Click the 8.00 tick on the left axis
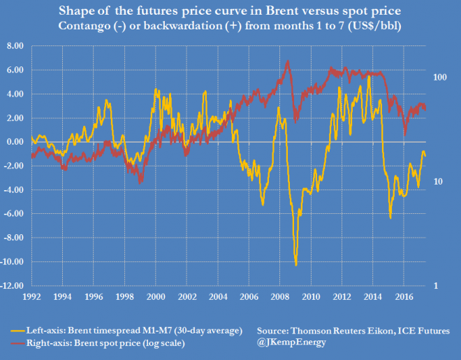point(13,45)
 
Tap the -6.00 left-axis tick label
point(13,214)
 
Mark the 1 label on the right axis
point(435,286)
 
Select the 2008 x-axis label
point(278,296)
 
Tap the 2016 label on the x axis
point(402,296)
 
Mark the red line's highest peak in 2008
point(288,61)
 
